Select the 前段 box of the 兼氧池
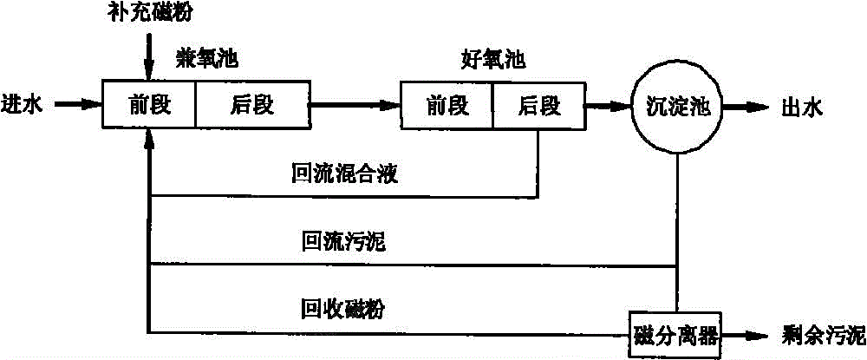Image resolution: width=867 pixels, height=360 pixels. [149, 106]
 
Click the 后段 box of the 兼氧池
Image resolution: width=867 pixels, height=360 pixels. [251, 106]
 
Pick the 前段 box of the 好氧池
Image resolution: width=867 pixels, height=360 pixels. [447, 106]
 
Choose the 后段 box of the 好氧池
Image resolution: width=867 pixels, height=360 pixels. [538, 106]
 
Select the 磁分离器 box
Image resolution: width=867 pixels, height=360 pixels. [677, 333]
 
